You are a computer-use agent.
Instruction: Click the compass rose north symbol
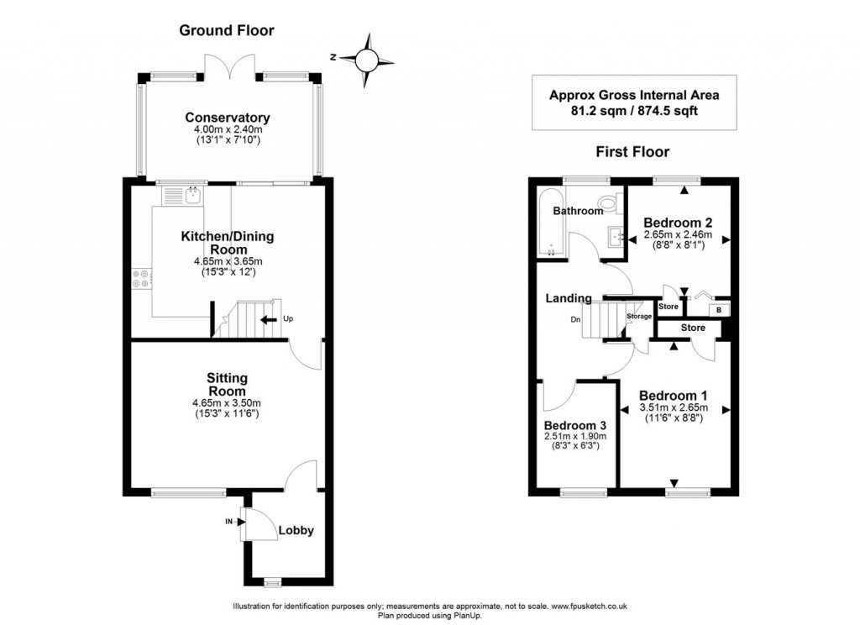[367, 59]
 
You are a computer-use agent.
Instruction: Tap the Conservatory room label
[228, 118]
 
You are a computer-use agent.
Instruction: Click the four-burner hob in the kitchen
[140, 278]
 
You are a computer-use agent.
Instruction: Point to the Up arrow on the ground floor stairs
[270, 319]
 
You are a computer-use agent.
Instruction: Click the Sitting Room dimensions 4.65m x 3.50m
[227, 402]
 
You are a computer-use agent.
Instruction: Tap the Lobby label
[296, 530]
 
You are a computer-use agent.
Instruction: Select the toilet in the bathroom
[607, 202]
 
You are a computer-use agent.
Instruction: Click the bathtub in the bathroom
[549, 223]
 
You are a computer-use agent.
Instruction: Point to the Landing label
[569, 298]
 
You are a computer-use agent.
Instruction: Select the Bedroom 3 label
[574, 425]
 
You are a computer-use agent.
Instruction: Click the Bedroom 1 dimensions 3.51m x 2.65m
[674, 407]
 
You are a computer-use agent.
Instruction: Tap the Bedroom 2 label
[678, 223]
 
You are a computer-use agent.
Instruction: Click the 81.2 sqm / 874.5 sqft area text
[634, 111]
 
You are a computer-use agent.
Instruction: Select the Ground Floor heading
[227, 31]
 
